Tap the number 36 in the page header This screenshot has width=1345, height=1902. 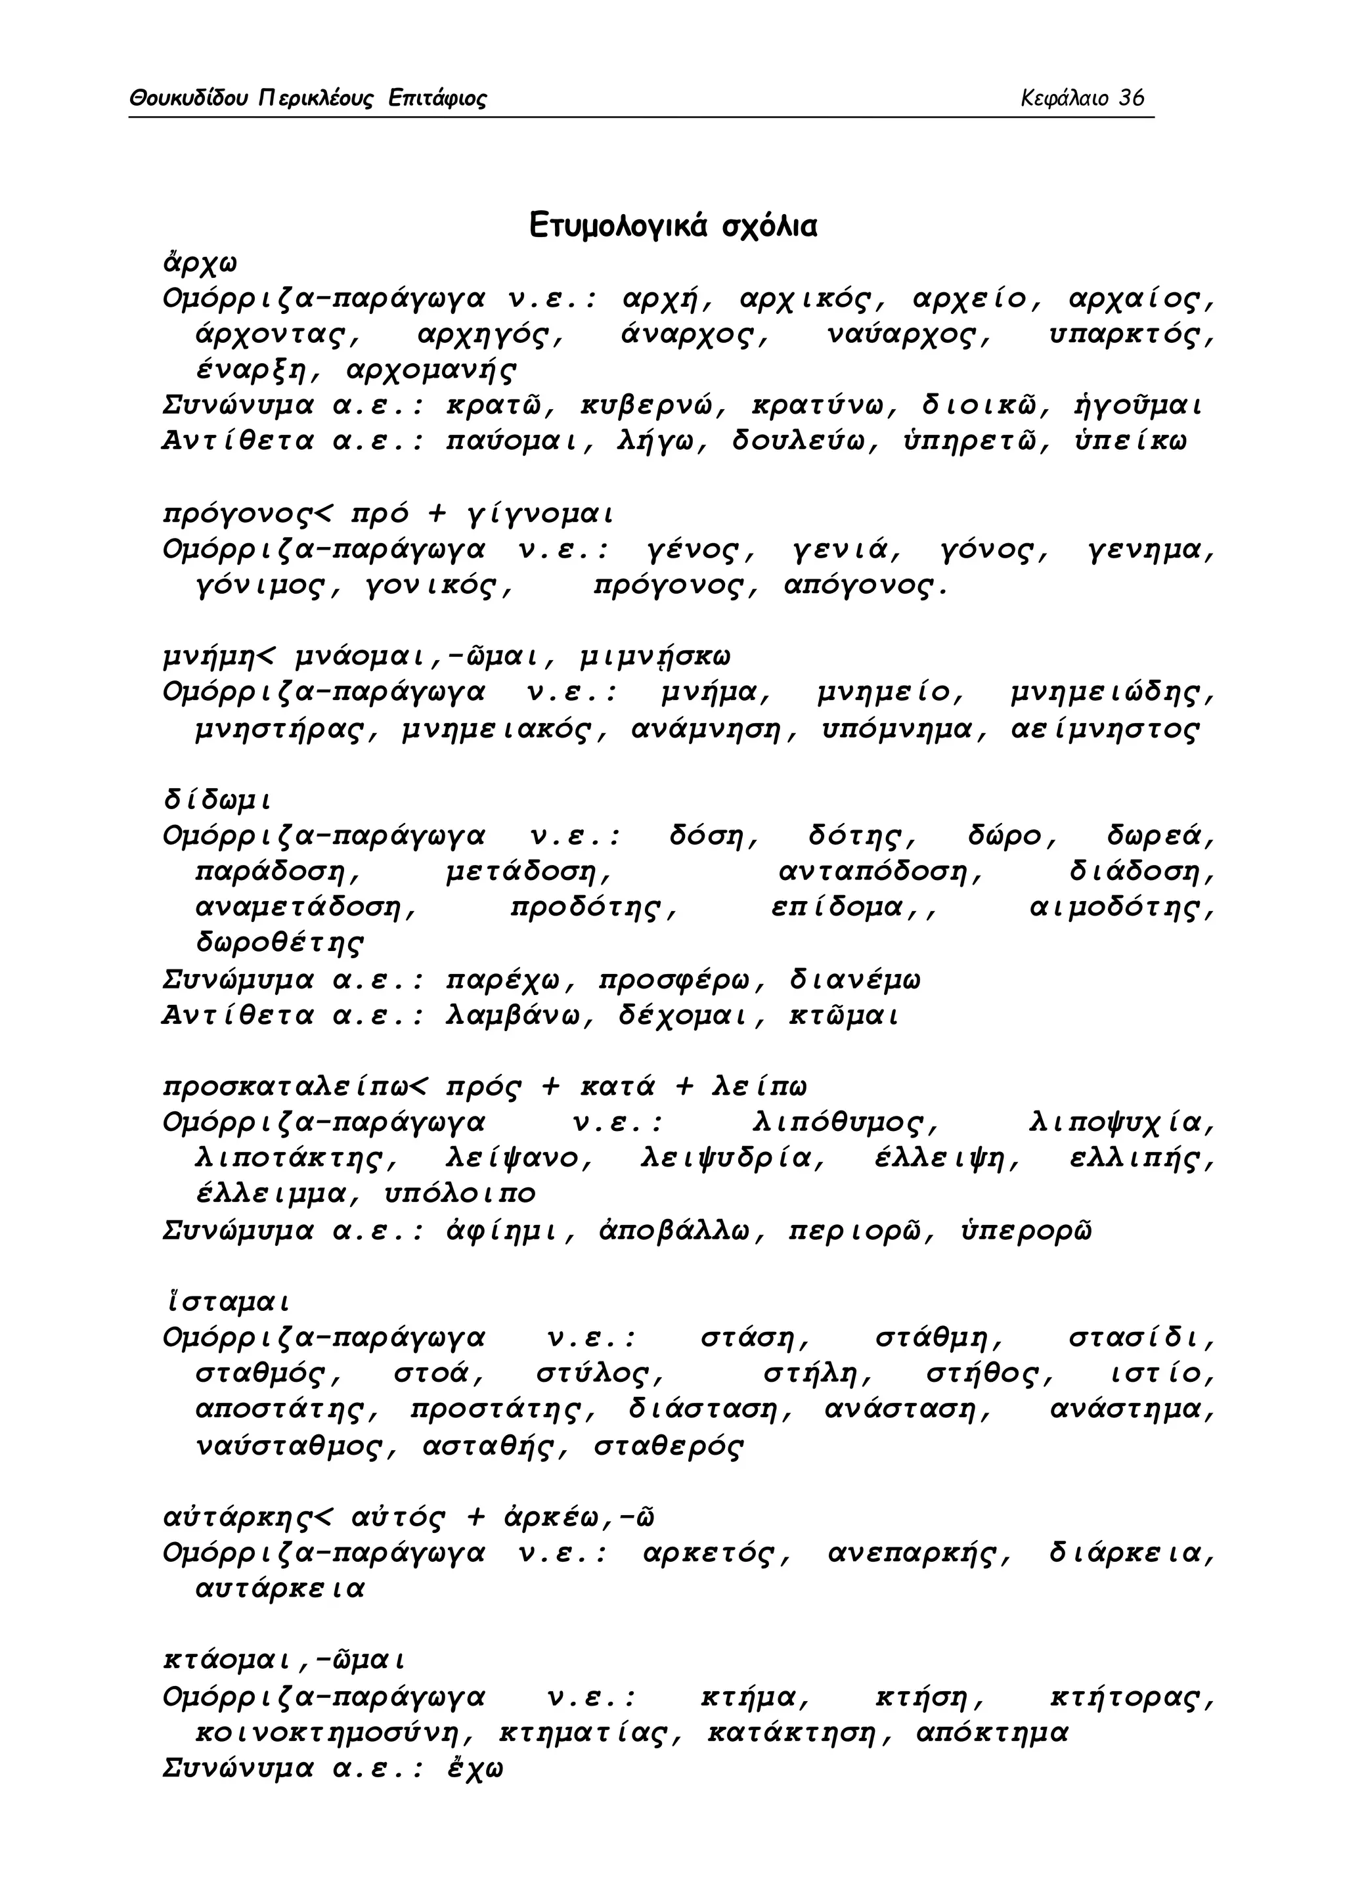pyautogui.click(x=1132, y=99)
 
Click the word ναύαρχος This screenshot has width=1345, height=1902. pyautogui.click(x=908, y=336)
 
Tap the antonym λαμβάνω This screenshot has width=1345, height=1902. pyautogui.click(x=519, y=1015)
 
